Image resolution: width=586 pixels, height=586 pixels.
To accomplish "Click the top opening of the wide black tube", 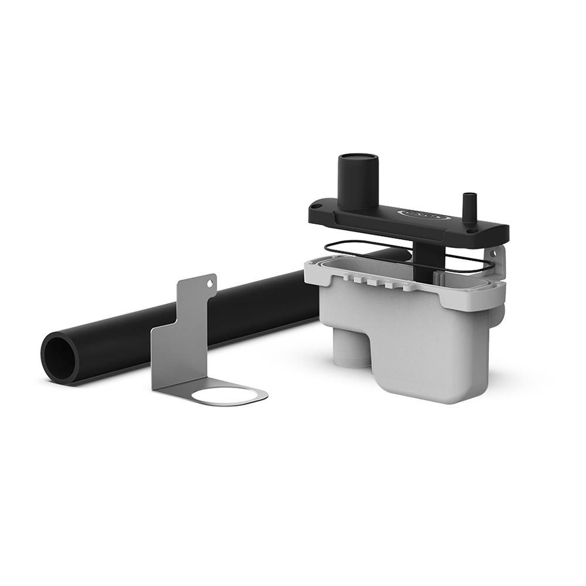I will (x=358, y=158).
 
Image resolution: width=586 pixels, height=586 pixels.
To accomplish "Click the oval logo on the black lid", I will (x=424, y=214).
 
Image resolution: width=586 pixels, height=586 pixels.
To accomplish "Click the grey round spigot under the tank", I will (x=350, y=349).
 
